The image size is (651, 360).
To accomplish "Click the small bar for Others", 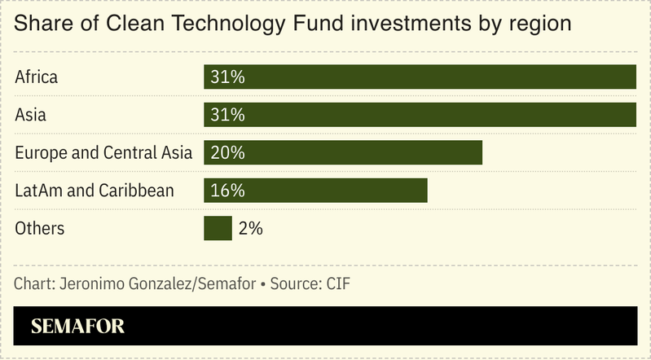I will pos(218,228).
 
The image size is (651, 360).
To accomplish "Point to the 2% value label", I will pos(251,229).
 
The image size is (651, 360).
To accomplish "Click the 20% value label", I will pos(227,152).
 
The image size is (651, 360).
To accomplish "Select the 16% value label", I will pos(227,191).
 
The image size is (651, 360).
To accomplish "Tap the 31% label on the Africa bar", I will pos(227,77).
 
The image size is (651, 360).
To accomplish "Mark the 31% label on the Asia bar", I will pos(227,115).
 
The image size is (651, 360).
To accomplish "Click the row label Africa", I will pos(37,77).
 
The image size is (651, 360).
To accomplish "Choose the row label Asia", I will pos(31,115).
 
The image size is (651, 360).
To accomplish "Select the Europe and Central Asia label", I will pos(103,152).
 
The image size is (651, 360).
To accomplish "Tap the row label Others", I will pos(40,229).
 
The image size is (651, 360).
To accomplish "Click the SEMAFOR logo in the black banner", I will pos(77,327).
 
